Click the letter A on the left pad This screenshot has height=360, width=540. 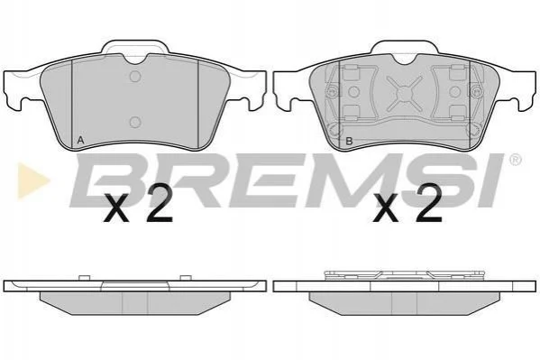(x=80, y=141)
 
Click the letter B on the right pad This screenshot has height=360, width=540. (x=349, y=141)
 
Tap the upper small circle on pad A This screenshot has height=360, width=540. (x=135, y=77)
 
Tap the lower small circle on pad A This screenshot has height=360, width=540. (x=135, y=122)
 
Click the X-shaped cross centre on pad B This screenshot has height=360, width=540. (x=404, y=92)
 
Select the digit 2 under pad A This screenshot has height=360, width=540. (x=159, y=203)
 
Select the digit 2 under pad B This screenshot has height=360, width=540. (x=428, y=203)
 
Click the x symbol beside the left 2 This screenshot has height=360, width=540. (x=116, y=208)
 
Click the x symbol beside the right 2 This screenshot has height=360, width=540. (x=386, y=208)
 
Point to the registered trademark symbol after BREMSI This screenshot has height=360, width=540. (x=515, y=160)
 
